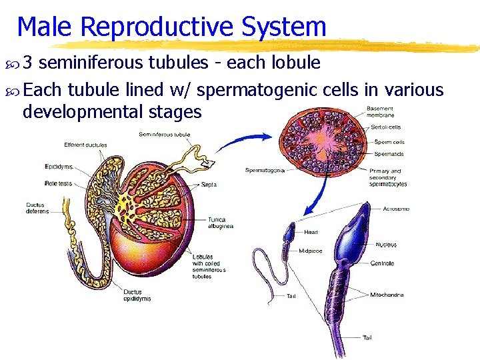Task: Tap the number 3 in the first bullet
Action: coord(28,63)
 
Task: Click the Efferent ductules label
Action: coord(85,145)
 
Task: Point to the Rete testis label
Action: coord(59,183)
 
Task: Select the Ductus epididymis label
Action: coord(137,295)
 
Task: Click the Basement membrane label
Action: coord(381,112)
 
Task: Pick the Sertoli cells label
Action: coord(387,127)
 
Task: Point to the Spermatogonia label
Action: coord(265,170)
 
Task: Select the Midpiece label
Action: coord(311,251)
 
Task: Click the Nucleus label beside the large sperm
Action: coord(385,245)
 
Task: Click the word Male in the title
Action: coord(42,27)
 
